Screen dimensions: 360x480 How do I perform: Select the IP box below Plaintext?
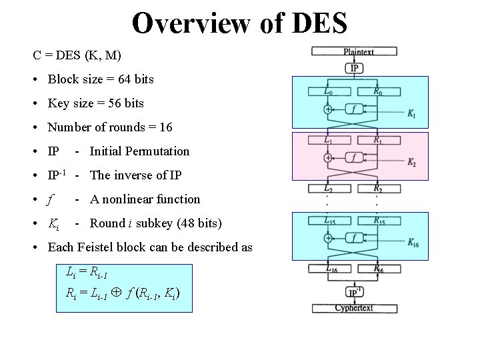[355, 67]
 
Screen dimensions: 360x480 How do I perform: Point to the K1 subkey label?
[413, 114]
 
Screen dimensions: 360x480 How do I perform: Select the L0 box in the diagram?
[329, 91]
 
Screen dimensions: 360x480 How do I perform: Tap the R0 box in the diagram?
[377, 91]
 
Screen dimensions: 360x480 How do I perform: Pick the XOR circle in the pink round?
[328, 158]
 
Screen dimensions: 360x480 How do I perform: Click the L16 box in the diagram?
[329, 268]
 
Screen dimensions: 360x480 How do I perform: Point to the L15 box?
[329, 221]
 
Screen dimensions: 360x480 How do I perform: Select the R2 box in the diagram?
[377, 189]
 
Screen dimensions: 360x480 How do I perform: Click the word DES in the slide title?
[318, 22]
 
